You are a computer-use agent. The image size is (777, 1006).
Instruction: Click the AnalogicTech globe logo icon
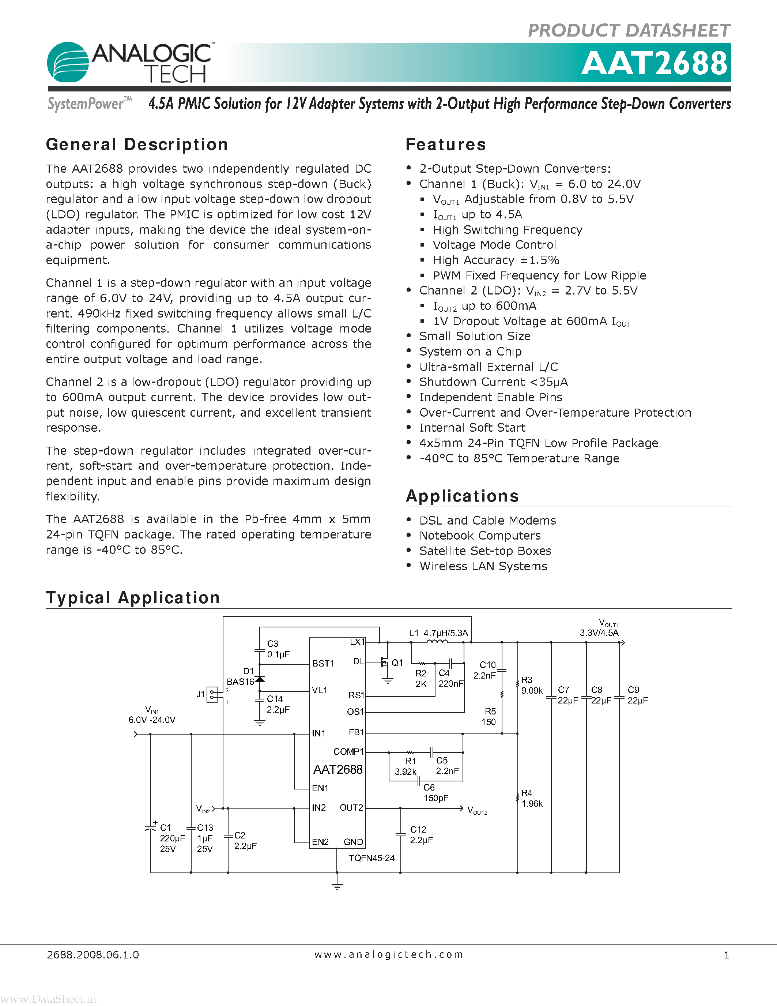coord(68,63)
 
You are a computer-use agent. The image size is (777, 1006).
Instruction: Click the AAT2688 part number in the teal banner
coord(654,63)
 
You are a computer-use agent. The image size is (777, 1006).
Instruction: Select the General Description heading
coord(137,144)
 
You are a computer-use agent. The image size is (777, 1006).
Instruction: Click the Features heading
coord(446,144)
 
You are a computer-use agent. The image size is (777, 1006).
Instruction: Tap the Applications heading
coord(462,496)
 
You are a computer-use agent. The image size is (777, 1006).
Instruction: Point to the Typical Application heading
coord(133,598)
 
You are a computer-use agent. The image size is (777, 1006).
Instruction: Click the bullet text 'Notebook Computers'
coord(480,536)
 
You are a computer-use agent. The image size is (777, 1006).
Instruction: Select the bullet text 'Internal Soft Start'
coord(472,428)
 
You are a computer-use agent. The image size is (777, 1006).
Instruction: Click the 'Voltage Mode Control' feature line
coord(494,245)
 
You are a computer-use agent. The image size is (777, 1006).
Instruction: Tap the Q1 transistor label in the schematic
coord(397,663)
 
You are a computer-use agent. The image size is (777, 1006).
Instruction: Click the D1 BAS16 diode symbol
coord(260,679)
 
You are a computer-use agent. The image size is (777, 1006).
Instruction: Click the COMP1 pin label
coord(348,752)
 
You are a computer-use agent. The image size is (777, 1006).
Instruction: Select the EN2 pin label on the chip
coord(320,842)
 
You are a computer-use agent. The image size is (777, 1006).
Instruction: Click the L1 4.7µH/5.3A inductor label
coord(438,633)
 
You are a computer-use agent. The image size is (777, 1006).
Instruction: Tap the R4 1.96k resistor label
coord(532,798)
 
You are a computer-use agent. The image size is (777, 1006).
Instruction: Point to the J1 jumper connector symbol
coord(212,695)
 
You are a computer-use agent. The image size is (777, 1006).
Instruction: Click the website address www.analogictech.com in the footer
coord(388,955)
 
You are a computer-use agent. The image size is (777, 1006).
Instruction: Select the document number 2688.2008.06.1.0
coord(93,955)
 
